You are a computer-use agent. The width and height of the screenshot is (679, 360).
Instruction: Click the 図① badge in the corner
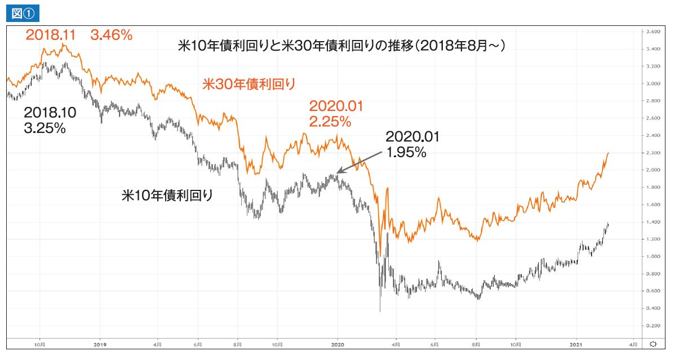(x=23, y=13)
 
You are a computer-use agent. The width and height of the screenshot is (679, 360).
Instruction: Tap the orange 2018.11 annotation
(x=51, y=35)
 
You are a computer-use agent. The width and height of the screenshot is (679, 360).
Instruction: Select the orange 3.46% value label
(x=112, y=35)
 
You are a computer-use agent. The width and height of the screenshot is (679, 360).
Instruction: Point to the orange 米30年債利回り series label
(x=248, y=85)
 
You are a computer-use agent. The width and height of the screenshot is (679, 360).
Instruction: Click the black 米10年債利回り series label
(x=168, y=195)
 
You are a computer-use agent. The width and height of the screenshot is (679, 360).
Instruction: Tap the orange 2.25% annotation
(x=330, y=121)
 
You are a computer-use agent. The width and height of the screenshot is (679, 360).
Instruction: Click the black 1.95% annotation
(x=406, y=152)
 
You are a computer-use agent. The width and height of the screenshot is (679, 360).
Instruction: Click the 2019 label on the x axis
(x=100, y=344)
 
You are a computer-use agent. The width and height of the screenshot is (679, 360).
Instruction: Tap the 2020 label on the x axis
(x=338, y=344)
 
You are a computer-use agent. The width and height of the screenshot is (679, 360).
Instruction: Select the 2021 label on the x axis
(x=575, y=344)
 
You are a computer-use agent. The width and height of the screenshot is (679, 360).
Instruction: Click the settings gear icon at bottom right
(x=653, y=344)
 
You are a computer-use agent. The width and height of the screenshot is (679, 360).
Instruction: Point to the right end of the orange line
(x=609, y=153)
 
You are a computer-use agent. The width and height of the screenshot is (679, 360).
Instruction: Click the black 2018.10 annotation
(x=50, y=113)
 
